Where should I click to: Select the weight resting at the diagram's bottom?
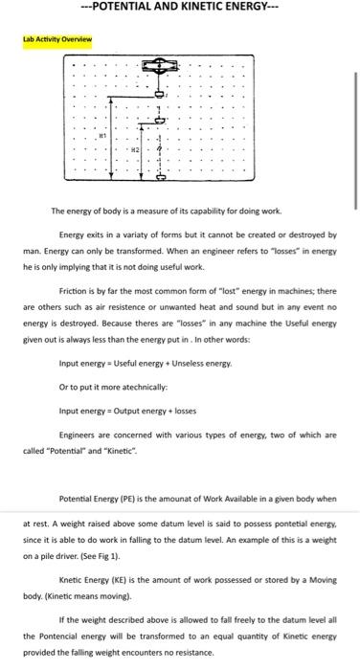[x=160, y=178]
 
